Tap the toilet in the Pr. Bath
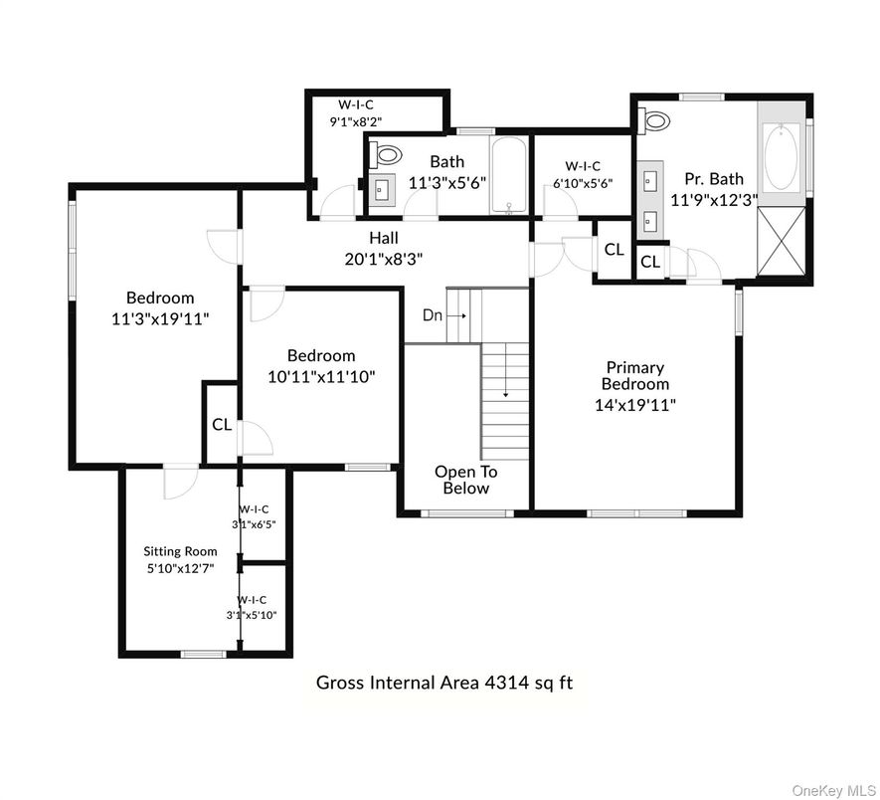[654, 120]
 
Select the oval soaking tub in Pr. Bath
[781, 157]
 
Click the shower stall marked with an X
[782, 242]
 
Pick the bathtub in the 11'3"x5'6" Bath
[509, 175]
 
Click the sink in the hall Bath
[382, 190]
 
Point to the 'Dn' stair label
[433, 315]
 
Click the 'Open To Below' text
[465, 480]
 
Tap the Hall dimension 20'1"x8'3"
[383, 259]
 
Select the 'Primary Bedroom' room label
[635, 376]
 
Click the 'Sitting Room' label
[180, 551]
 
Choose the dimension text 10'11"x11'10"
[321, 376]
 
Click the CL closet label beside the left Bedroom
[222, 425]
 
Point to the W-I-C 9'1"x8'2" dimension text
[355, 120]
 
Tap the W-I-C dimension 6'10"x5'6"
[583, 182]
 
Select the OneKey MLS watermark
[833, 792]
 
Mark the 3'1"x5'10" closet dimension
[252, 615]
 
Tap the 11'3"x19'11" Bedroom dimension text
[160, 319]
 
